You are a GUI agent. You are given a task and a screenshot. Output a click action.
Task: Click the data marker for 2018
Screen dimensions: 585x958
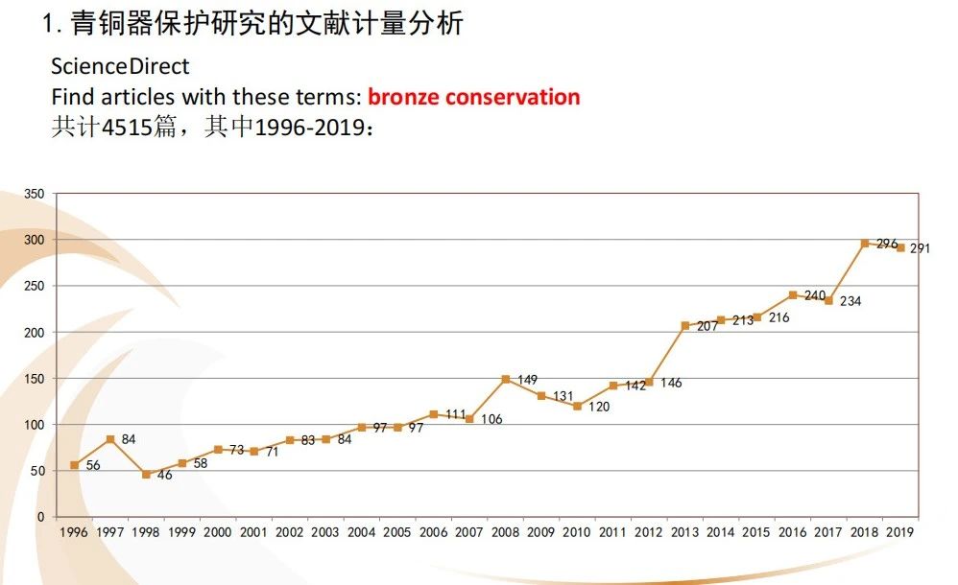coord(865,244)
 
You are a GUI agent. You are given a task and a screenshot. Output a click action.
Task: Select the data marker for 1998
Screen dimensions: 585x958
coord(146,475)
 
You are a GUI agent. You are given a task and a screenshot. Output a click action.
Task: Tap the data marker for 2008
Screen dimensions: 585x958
coord(505,379)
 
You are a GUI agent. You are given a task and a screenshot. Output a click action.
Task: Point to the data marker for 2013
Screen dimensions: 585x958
coord(685,326)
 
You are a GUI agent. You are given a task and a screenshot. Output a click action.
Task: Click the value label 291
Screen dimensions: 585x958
coord(921,248)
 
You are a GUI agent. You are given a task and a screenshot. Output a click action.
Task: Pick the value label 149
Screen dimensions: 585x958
coord(527,380)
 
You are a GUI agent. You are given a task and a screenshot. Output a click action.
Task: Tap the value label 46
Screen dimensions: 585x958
coord(164,475)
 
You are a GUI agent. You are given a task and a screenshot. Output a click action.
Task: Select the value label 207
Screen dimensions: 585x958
coord(707,326)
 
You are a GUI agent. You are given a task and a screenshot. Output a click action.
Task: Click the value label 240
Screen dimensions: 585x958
coord(814,295)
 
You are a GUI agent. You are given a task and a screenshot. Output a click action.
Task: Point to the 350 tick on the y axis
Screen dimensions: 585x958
coord(34,194)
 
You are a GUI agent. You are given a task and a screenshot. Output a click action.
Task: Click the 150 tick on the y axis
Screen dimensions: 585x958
coord(34,379)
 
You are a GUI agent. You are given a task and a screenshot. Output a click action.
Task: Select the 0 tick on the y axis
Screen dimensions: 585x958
coord(40,517)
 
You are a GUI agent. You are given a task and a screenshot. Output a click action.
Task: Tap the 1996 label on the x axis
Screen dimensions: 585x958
coord(74,531)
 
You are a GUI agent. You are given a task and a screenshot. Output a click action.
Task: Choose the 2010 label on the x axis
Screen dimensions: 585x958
coord(577,531)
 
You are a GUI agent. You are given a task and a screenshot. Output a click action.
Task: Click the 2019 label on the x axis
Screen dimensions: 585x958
coord(900,531)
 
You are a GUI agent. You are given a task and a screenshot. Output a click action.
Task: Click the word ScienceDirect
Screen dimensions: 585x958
coord(120,67)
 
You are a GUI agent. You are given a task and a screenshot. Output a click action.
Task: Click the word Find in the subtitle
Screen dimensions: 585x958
coord(71,97)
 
